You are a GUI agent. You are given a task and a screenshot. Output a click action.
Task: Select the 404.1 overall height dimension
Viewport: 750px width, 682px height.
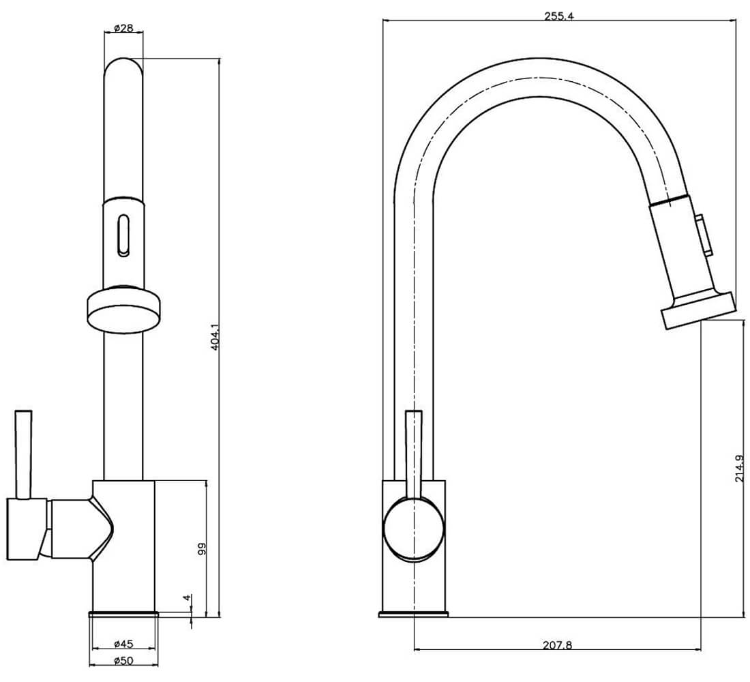coord(215,337)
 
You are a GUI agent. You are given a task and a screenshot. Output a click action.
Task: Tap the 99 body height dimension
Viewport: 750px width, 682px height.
coord(202,550)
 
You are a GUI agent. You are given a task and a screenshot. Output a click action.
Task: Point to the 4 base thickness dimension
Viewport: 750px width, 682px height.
coord(187,598)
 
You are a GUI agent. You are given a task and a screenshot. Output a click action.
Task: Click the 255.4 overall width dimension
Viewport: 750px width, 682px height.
coord(559,16)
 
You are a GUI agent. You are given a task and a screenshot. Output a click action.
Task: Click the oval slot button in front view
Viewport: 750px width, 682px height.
coord(123,235)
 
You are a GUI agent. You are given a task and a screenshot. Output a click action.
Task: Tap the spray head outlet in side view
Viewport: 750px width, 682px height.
coord(697,312)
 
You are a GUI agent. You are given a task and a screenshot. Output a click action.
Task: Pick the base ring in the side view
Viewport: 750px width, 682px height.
coord(413,614)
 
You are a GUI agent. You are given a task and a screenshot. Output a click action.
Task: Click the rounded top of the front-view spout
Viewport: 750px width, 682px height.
coord(123,68)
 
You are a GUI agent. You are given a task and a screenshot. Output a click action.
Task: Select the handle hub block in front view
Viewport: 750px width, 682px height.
coord(26,529)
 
